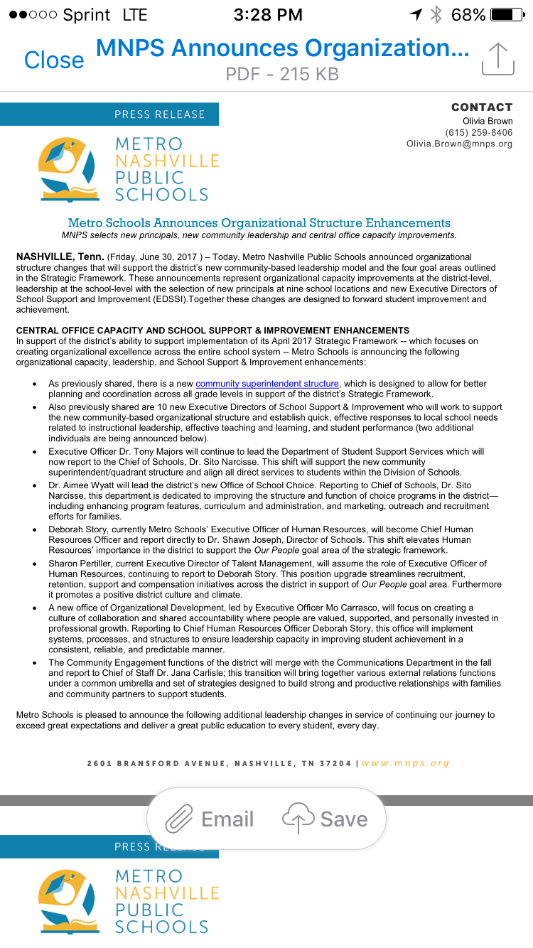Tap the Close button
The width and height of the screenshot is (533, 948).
coord(54,60)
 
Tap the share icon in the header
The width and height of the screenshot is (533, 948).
coord(497,58)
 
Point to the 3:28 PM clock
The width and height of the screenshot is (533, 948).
coord(267,15)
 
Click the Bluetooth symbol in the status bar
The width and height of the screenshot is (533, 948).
coord(436,15)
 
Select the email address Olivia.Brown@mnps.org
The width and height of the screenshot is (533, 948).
coord(459,144)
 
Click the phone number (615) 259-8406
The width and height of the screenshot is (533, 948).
coord(478,132)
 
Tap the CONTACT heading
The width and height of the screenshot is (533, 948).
coord(481,107)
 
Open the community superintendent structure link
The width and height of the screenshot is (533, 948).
coord(267,384)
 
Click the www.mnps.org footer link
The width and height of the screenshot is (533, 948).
coord(406,763)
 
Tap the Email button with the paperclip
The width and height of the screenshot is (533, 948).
coord(210,819)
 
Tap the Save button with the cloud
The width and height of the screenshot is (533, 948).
coord(325,819)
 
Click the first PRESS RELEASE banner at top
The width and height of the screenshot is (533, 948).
coord(159,114)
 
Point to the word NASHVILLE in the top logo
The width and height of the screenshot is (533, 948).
coord(167,161)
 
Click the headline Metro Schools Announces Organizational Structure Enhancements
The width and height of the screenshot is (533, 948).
coord(259,223)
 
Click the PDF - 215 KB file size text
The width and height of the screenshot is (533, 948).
coord(282,74)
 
